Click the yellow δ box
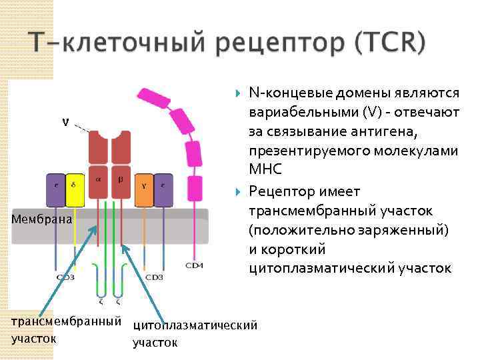(75, 191)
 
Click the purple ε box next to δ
(55, 191)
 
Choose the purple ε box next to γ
(163, 191)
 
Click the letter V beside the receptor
(64, 121)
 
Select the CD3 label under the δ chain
(65, 277)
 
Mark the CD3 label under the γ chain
(154, 277)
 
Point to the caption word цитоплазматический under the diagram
(195, 326)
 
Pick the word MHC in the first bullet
(263, 169)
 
